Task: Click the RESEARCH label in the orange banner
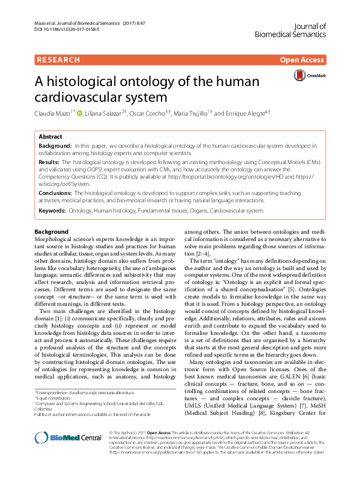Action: tap(59, 60)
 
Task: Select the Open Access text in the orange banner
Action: tap(303, 60)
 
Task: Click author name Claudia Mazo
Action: tap(52, 113)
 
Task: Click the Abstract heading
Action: tap(50, 137)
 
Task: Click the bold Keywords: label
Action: tap(54, 211)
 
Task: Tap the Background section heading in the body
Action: tap(51, 232)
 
